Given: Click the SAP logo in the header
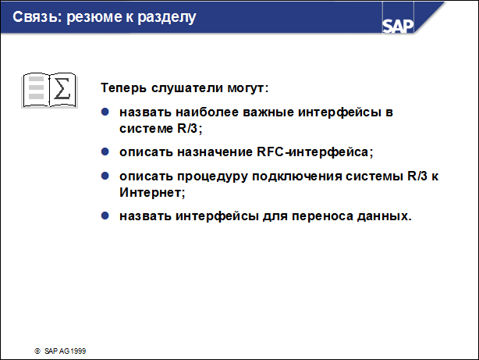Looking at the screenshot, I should [x=398, y=24].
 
